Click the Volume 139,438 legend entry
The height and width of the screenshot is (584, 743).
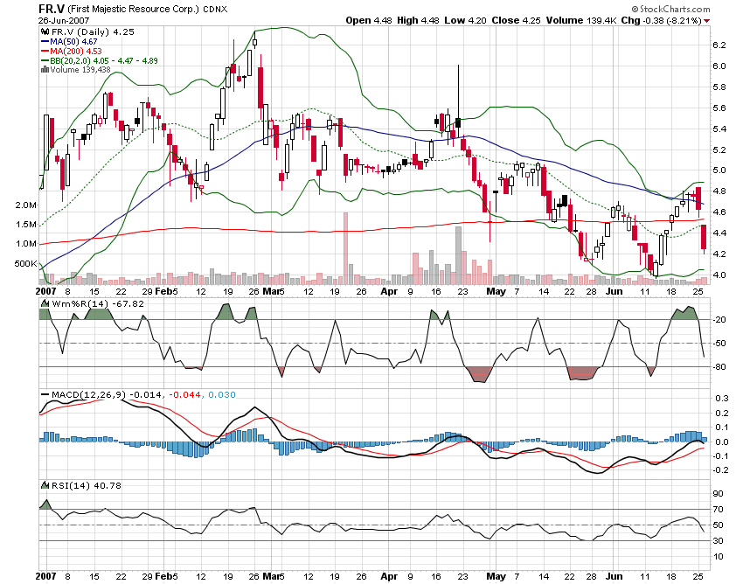tap(80, 70)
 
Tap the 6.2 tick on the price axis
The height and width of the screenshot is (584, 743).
tap(719, 45)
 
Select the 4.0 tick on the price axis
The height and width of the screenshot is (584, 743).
tap(719, 275)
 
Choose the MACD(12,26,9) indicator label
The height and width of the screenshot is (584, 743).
tap(85, 395)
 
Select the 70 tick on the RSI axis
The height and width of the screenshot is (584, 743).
tap(719, 509)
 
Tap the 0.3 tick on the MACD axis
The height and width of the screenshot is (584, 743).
tap(719, 398)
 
